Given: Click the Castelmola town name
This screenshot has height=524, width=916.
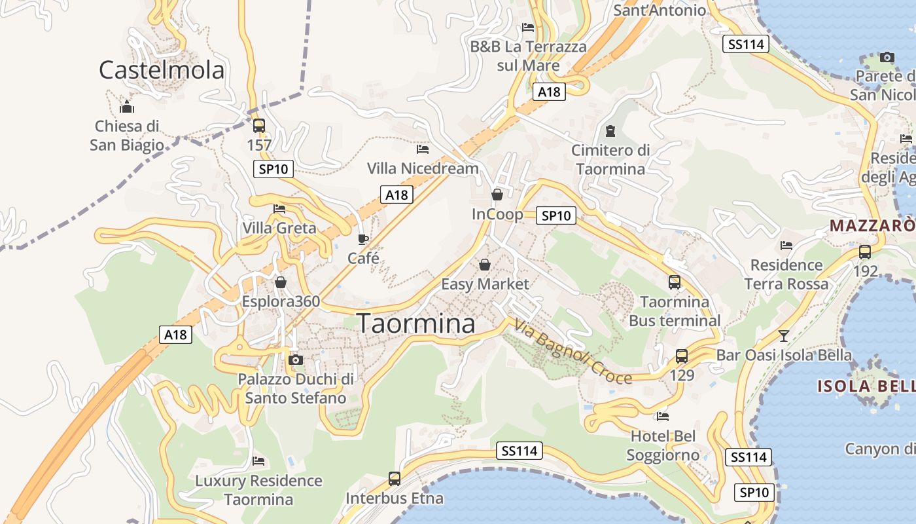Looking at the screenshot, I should pos(162,70).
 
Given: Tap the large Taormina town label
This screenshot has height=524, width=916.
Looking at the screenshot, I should pos(416,324).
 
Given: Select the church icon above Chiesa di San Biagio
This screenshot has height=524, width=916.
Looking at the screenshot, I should pos(127,107).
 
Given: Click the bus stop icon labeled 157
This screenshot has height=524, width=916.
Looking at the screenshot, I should pos(259,126).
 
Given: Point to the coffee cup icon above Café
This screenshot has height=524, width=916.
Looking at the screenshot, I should pos(363,239).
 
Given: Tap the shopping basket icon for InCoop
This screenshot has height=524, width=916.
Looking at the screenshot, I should pos(497,195).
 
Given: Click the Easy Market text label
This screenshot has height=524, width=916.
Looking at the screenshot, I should pos(485,284).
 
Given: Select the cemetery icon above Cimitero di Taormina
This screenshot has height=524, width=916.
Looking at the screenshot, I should pos(610,131).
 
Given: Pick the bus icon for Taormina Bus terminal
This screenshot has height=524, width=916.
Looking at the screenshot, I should pos(675,282).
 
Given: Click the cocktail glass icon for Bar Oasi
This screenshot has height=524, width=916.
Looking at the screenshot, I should pos(784,336).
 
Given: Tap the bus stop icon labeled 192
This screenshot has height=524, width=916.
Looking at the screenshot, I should pos(865,252).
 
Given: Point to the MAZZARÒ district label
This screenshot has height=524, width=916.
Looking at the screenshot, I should pos(872,226).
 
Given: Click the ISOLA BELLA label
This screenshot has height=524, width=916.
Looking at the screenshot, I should pos(866,386).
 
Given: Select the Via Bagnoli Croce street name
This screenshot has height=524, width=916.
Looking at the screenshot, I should pos(572,352).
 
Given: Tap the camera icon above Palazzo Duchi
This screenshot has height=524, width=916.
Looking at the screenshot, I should pos(296,360).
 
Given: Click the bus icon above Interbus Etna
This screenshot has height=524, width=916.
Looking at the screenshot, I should pos(395,479).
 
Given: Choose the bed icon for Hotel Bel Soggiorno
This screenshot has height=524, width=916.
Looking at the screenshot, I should pos(663,416).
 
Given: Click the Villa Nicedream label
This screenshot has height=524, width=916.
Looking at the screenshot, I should pos(423,168).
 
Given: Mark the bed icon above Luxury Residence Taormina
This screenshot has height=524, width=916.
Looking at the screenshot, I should pos(258,461).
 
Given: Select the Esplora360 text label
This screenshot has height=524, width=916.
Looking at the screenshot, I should pos(281,302).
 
